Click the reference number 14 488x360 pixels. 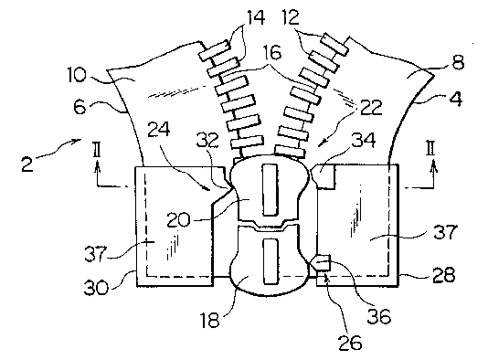coord(256,17)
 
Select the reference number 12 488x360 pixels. coord(291,17)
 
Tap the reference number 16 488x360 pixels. coord(271,53)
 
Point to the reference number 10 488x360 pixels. coord(77,75)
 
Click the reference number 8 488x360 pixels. coord(458,62)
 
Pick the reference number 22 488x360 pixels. coord(371,108)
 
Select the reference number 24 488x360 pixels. coord(158,129)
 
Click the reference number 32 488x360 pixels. coord(207,141)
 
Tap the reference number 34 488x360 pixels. coord(364,140)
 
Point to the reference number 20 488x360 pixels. coord(178,220)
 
